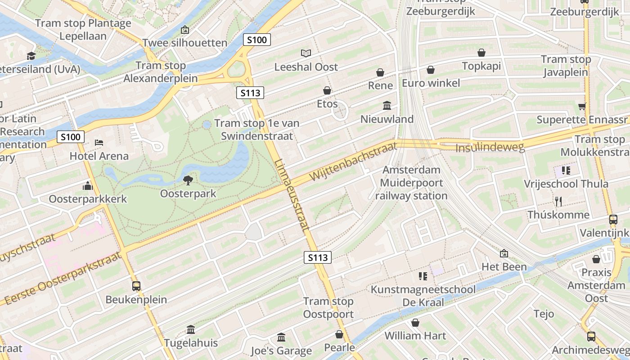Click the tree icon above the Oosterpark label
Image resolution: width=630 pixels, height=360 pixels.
coord(188,180)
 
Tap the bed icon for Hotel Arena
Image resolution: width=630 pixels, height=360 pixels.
coord(99,143)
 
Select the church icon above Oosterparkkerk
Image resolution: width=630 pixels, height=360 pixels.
coord(88,185)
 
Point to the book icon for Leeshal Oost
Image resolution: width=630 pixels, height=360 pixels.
coord(306,54)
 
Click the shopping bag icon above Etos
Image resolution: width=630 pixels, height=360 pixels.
coord(327,90)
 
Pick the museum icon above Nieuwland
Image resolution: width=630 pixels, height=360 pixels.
coord(387,106)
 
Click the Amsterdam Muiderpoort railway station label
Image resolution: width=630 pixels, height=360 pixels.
coord(411,183)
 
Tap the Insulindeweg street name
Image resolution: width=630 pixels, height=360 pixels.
coord(490,148)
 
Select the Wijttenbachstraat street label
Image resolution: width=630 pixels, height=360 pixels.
coord(354,161)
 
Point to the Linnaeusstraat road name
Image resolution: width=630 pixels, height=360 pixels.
coord(292,195)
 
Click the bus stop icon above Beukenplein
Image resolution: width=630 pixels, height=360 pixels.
coord(136,286)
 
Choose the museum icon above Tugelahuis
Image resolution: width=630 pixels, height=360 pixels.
coord(191,329)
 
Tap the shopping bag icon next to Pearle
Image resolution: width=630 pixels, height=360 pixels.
coord(339,334)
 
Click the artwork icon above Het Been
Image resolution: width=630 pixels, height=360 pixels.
coord(504,253)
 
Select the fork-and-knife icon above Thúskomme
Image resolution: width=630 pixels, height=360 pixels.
coord(558,201)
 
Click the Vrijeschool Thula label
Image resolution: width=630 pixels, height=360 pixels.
coord(566,184)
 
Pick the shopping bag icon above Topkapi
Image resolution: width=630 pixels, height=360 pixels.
coord(481,53)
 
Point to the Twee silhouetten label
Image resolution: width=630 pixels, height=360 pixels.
coord(185,43)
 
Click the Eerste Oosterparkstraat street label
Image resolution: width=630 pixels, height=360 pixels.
coord(63,279)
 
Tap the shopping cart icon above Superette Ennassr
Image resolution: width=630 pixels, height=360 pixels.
coord(582,107)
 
